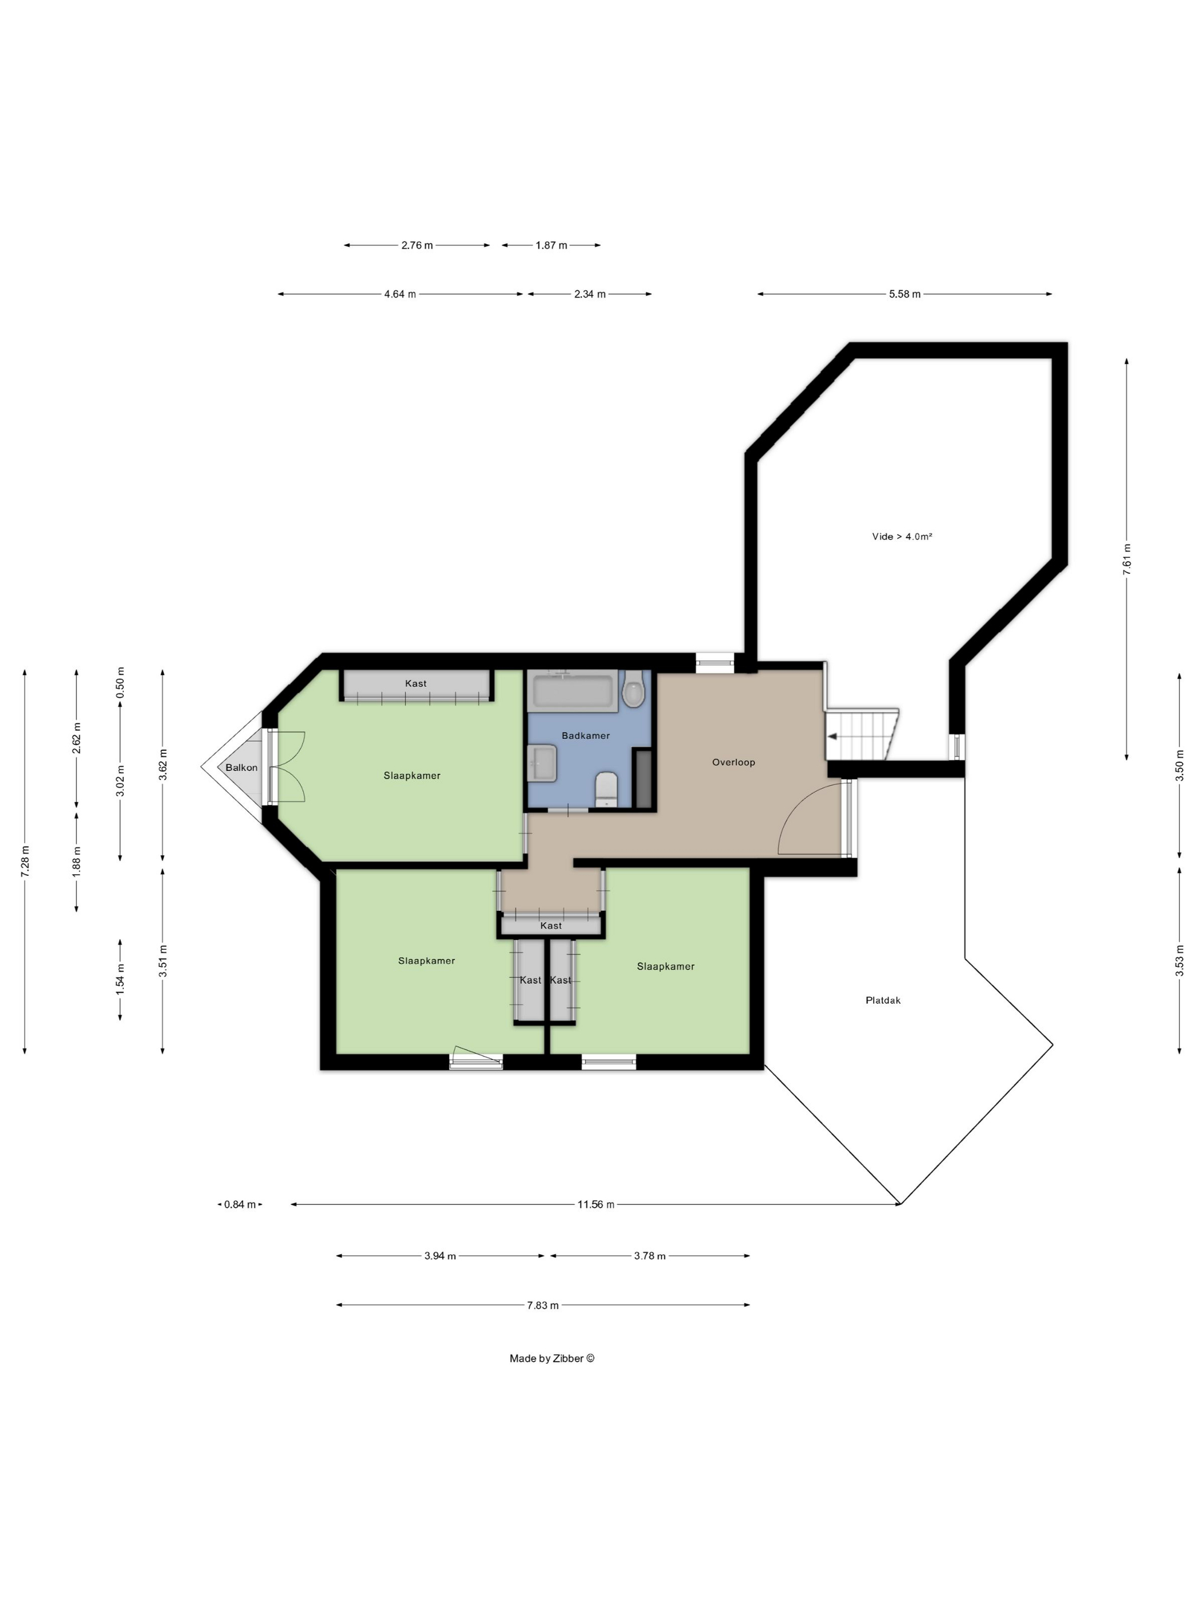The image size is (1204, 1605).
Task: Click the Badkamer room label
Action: [585, 735]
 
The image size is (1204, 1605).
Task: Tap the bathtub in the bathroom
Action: [574, 691]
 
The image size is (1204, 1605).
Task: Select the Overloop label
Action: [733, 762]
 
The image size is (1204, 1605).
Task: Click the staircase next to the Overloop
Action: [862, 734]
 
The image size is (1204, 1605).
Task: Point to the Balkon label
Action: [241, 767]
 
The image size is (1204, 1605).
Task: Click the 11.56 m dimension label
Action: [595, 1204]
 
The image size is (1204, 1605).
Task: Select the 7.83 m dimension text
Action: [543, 1305]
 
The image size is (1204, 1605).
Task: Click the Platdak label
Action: [882, 1000]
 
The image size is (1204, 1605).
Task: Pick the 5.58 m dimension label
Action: [904, 294]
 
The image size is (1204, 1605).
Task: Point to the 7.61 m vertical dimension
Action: [1127, 559]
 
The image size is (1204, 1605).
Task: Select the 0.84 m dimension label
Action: [240, 1204]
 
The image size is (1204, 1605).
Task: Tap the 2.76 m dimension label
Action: [417, 245]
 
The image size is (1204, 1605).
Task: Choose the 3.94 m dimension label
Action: [440, 1255]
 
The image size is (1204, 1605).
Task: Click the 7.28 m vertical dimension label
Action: [25, 862]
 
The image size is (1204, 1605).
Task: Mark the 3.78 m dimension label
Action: [650, 1255]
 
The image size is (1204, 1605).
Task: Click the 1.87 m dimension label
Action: [551, 245]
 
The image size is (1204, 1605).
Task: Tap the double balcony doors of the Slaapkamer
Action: [287, 767]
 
